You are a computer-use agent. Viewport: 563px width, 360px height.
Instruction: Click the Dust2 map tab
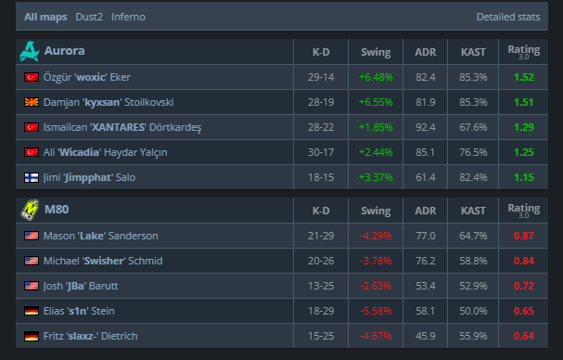(x=89, y=17)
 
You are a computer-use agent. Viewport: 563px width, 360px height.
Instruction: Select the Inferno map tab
(x=128, y=17)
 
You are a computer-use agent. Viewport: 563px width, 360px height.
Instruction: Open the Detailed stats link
(x=508, y=17)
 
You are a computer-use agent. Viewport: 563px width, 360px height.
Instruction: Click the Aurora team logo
(x=30, y=51)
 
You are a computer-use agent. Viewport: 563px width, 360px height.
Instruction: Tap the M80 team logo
(x=30, y=210)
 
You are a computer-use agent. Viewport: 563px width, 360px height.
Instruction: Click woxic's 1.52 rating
(x=523, y=77)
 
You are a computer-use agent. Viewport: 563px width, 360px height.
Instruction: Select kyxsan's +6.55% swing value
(x=376, y=102)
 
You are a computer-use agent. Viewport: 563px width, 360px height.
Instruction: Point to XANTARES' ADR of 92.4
(x=426, y=127)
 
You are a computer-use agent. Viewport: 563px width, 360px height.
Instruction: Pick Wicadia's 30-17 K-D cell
(x=321, y=152)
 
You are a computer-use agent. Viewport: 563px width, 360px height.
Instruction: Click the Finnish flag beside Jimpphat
(x=32, y=177)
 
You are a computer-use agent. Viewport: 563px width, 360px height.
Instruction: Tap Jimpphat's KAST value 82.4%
(x=473, y=177)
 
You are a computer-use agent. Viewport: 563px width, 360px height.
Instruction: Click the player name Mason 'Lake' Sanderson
(x=100, y=236)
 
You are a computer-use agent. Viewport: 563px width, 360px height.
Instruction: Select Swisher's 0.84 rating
(x=523, y=261)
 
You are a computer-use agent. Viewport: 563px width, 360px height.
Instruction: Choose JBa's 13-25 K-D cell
(x=321, y=286)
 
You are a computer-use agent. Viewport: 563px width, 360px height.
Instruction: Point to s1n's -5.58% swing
(x=376, y=311)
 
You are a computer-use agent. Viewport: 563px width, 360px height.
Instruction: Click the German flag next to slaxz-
(x=32, y=336)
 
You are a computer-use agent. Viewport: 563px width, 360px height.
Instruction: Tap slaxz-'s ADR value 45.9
(x=426, y=336)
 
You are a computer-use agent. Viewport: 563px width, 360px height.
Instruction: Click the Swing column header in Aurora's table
(x=376, y=52)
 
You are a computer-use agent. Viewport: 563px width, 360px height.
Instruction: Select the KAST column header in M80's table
(x=473, y=211)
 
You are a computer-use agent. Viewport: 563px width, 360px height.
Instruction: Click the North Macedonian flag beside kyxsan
(x=32, y=102)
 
